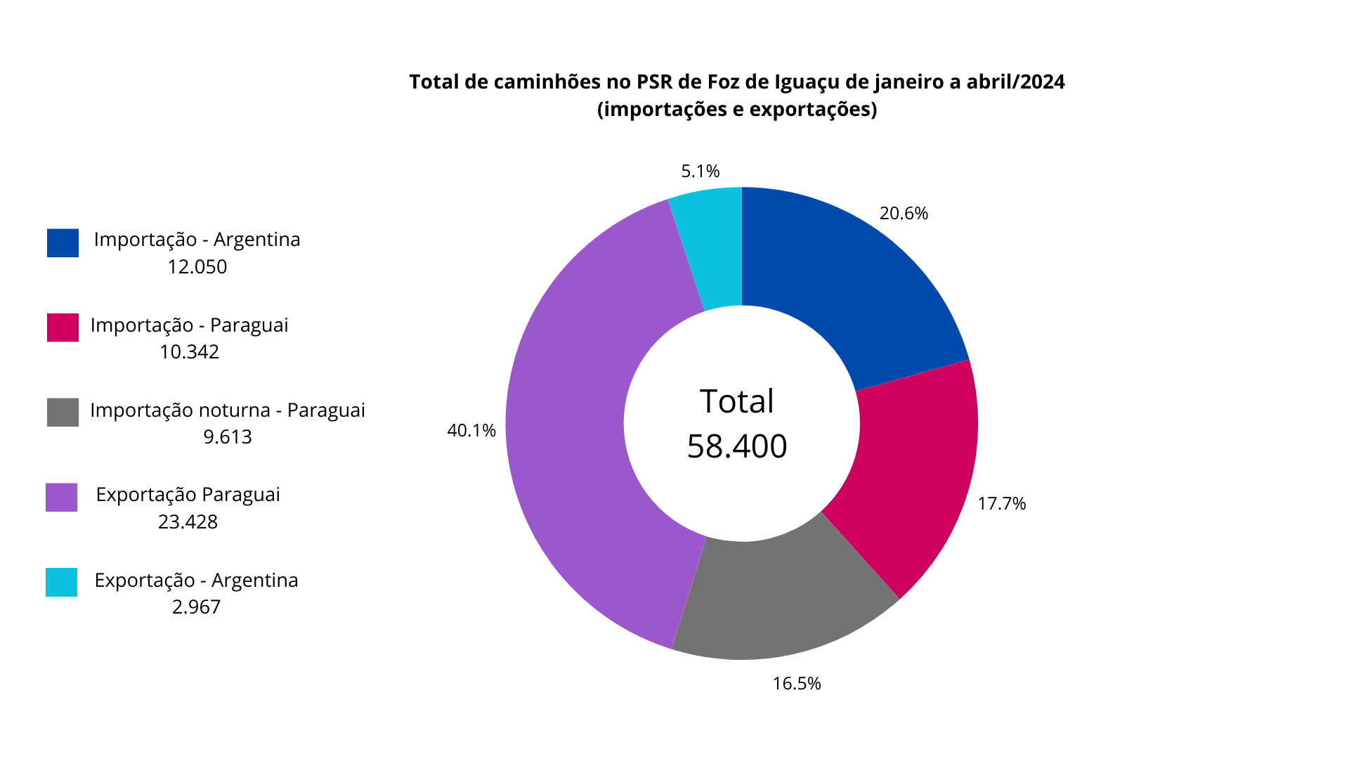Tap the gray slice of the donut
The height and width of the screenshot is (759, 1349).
coord(780,597)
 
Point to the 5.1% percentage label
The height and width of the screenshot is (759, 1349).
coord(700,171)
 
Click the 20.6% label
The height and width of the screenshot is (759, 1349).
coord(904,214)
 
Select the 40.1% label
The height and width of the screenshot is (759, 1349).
coord(471,431)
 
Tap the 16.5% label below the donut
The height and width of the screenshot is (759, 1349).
coord(797,684)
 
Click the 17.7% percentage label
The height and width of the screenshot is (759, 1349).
coord(1001,504)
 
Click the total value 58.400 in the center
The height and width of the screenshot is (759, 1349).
coord(737,446)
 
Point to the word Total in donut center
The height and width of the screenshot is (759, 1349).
coord(736,401)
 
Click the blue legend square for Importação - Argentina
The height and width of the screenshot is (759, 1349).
coord(63,242)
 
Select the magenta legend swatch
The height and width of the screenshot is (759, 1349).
coord(63,327)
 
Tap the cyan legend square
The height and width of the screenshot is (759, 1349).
coord(61,582)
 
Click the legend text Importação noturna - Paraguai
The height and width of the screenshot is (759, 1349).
coord(227,410)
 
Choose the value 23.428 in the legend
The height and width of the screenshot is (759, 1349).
coord(188,522)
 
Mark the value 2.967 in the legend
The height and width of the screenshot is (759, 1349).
coord(196,607)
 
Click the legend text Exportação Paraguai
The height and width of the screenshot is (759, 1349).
coord(188,495)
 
